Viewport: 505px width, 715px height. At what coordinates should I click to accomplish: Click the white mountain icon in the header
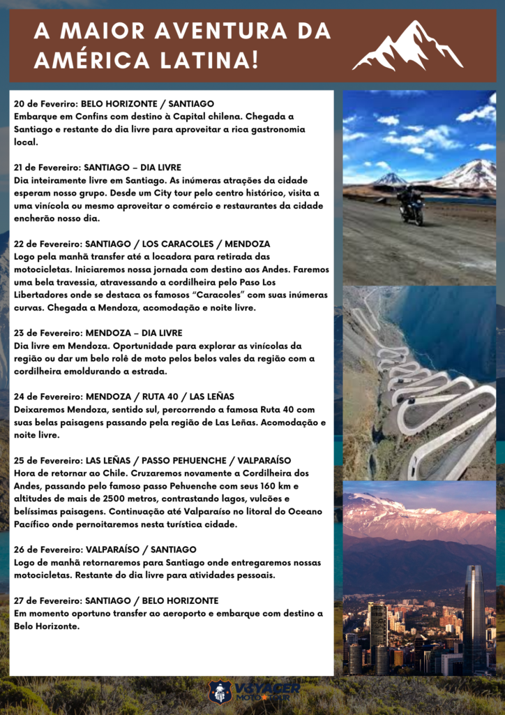408,46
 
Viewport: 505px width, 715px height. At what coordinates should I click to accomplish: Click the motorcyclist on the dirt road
410,205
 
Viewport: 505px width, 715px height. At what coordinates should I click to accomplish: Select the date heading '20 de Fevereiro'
45,104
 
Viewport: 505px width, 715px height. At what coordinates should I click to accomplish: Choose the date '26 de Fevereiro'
45,550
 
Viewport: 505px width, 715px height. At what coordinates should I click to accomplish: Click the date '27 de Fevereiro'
45,601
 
